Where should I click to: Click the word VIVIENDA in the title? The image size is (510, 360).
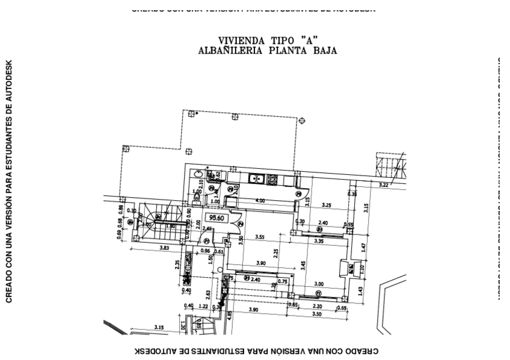pyautogui.click(x=239, y=41)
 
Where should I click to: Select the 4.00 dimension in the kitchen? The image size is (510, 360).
pyautogui.click(x=260, y=200)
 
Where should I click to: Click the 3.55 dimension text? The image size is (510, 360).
pyautogui.click(x=260, y=237)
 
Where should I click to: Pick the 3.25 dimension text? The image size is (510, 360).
pyautogui.click(x=327, y=205)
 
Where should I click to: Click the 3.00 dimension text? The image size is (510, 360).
pyautogui.click(x=319, y=284)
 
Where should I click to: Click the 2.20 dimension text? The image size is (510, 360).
pyautogui.click(x=317, y=307)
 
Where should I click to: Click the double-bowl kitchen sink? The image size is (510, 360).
pyautogui.click(x=257, y=178)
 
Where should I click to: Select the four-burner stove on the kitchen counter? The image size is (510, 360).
pyautogui.click(x=272, y=179)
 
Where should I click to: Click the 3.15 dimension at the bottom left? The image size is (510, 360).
pyautogui.click(x=159, y=328)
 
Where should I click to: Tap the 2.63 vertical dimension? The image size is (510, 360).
pyautogui.click(x=208, y=293)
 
